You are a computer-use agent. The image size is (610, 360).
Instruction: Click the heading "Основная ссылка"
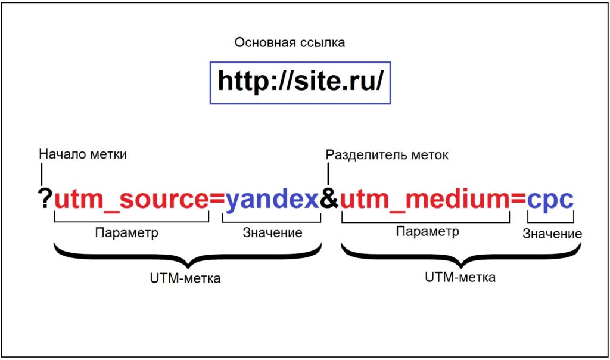[x=290, y=43]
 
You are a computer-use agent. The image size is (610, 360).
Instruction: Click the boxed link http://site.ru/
[x=300, y=82]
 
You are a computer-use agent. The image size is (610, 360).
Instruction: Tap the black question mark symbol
[x=45, y=198]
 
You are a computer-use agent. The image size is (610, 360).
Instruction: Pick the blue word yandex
[x=272, y=199]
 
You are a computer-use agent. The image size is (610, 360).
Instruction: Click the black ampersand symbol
[x=329, y=199]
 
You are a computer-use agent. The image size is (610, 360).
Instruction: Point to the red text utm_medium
[x=425, y=199]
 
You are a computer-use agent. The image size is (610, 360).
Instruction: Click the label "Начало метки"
[x=83, y=154]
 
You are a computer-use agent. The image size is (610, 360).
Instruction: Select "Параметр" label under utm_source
[x=127, y=233]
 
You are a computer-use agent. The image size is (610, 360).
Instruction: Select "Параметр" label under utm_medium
[x=428, y=231]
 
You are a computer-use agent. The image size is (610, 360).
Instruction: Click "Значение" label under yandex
[x=272, y=232]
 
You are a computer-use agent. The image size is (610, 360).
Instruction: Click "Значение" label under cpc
[x=552, y=234]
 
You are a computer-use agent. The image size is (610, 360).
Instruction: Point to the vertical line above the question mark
[x=42, y=174]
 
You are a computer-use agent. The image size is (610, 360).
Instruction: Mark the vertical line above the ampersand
[x=328, y=175]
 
